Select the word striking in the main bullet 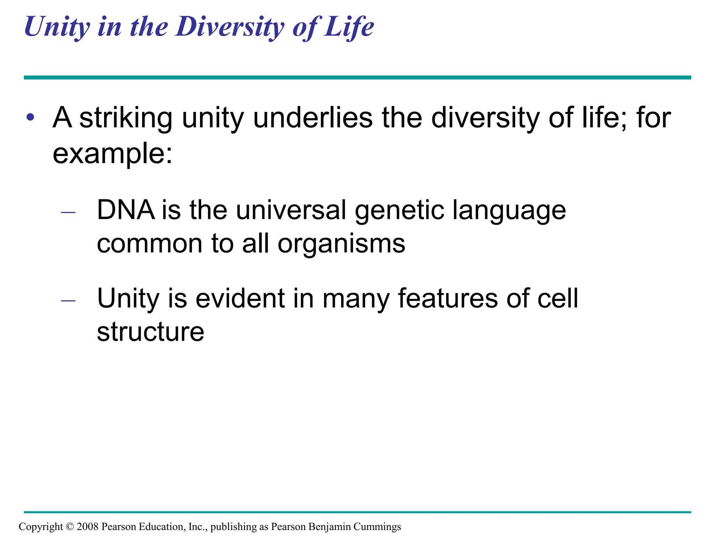coord(126,118)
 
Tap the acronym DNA coord(126,210)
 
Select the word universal coord(291,210)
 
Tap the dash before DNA coord(68,212)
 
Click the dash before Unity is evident coord(68,300)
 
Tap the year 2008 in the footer coord(88,527)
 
